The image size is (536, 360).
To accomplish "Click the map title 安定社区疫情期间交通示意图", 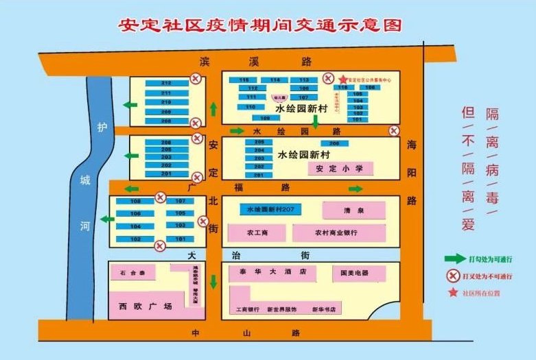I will point(259,25).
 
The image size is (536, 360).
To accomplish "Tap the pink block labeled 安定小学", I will point(334,169).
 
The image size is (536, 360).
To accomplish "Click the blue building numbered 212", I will point(166,83).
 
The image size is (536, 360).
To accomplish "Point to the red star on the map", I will point(343,80).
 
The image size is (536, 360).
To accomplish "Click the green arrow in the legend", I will point(454,259).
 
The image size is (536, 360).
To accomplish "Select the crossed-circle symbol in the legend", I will point(453,276).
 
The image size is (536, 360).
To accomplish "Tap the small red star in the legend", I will point(453,293).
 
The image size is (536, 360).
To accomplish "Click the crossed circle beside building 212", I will point(195,80).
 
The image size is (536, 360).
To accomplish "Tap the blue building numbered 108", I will point(135,202).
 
